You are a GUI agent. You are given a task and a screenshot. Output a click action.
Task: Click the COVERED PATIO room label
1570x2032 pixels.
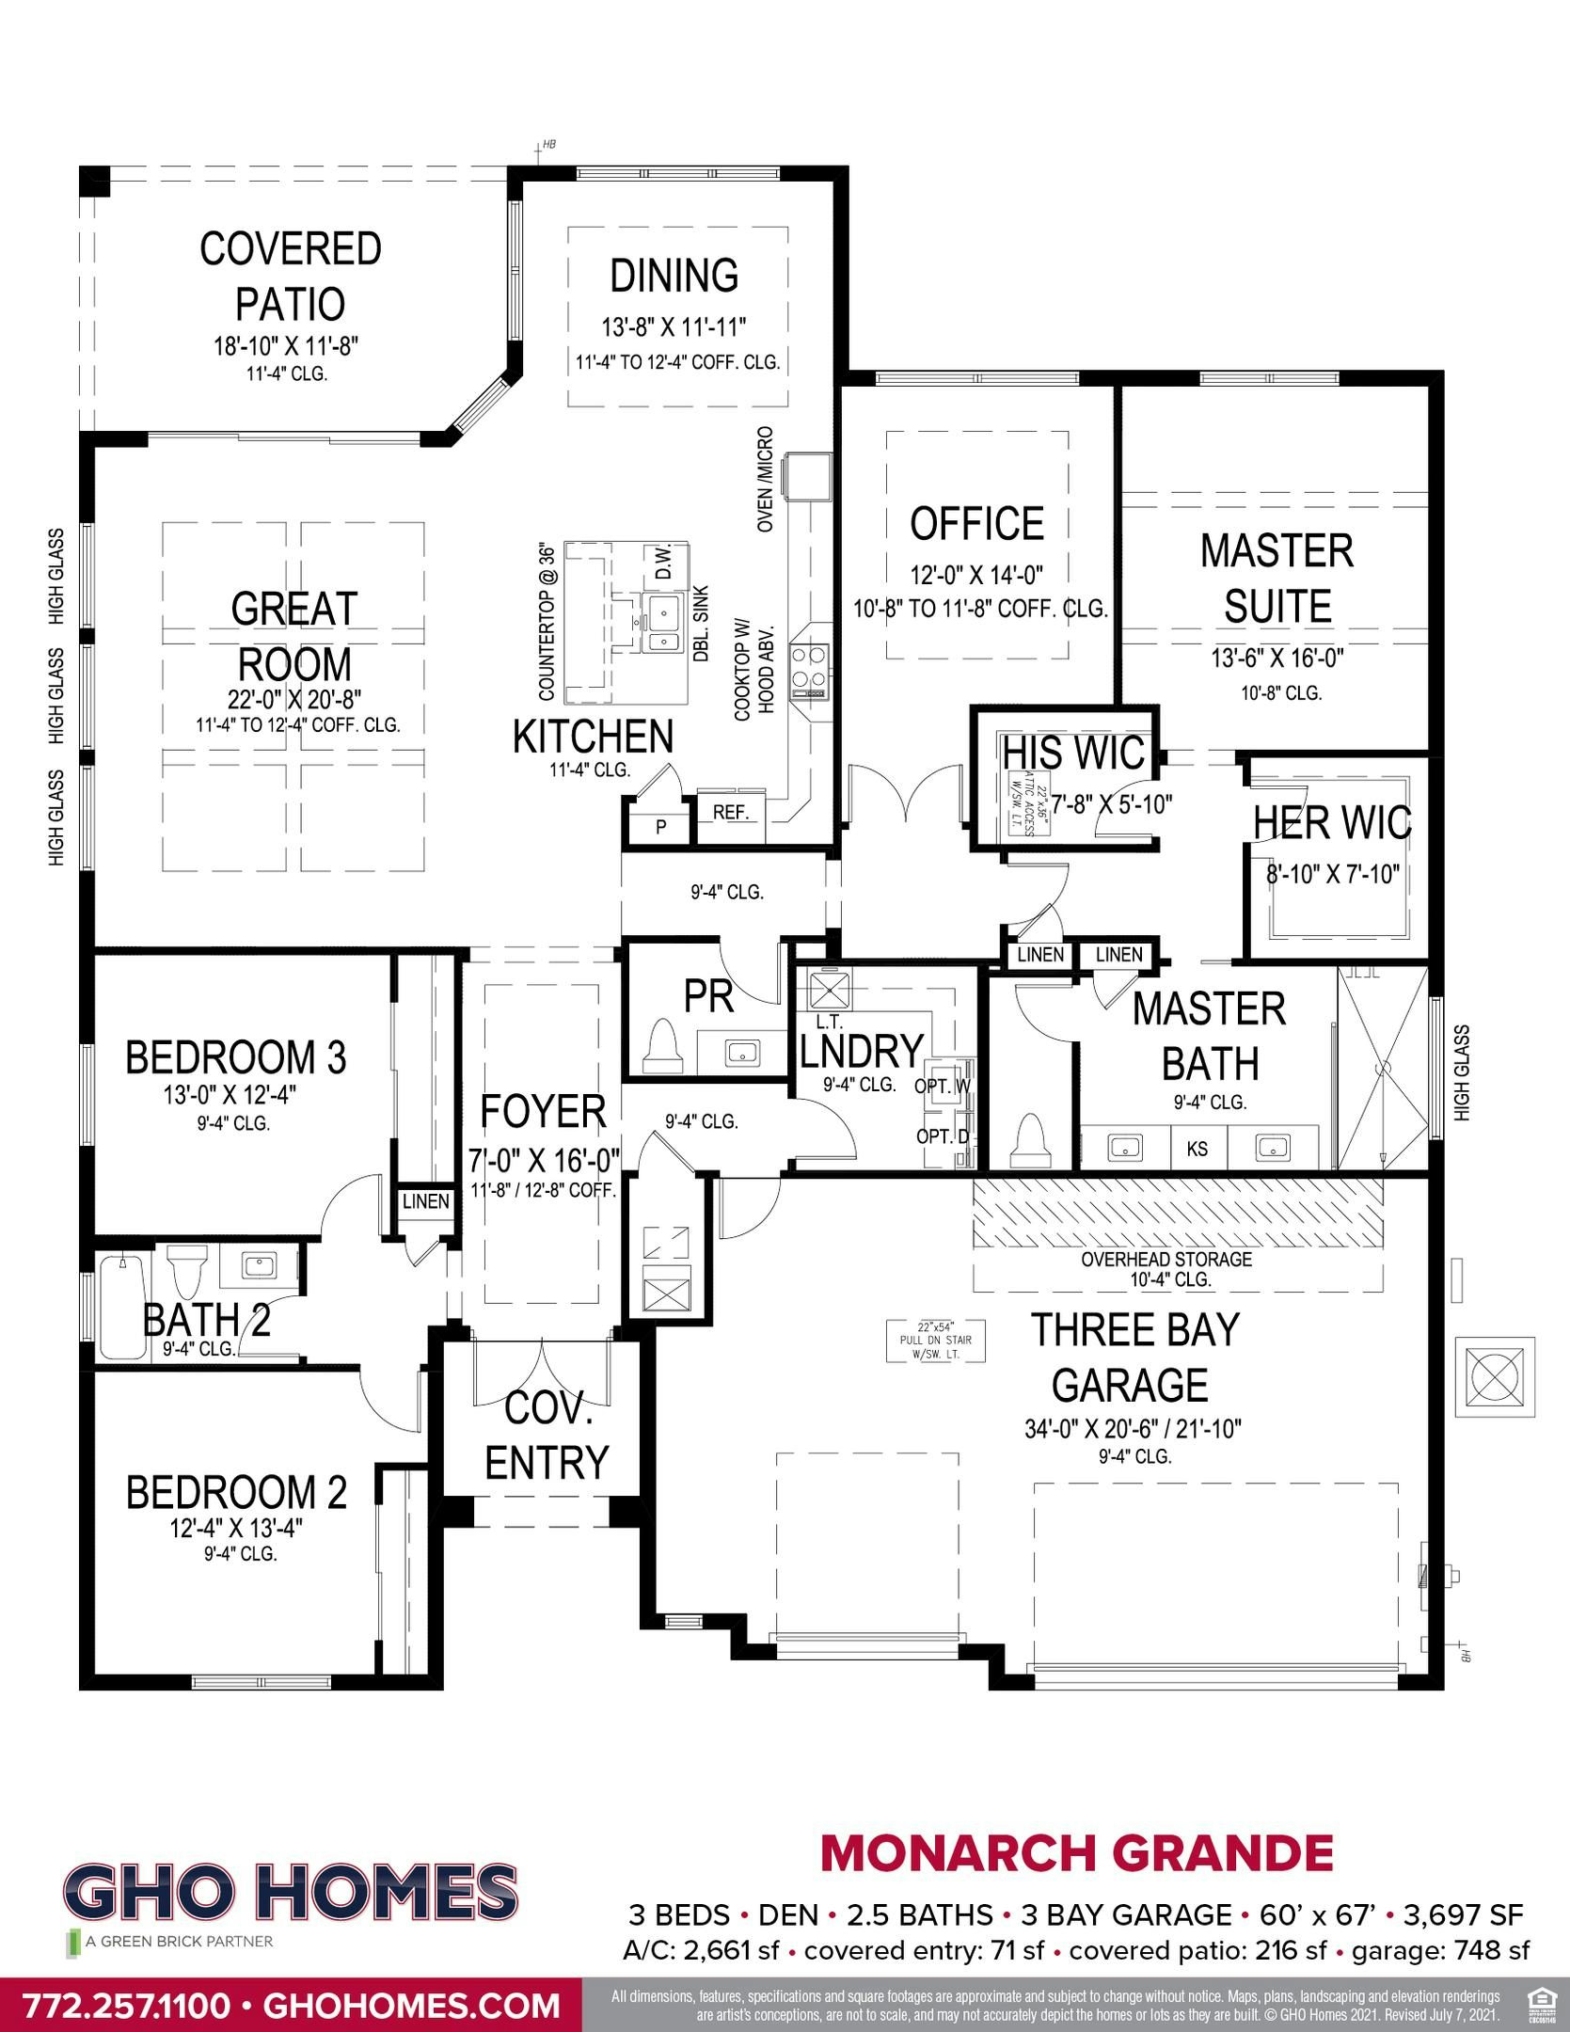pyautogui.click(x=291, y=276)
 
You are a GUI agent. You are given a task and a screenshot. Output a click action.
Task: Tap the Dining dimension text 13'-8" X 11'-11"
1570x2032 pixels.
pyautogui.click(x=674, y=327)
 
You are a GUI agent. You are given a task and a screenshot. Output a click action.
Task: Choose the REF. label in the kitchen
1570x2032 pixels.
pyautogui.click(x=731, y=813)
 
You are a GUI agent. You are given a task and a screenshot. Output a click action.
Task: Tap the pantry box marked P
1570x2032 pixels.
pyautogui.click(x=661, y=827)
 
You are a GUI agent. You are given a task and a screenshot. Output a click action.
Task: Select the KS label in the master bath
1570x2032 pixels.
pyautogui.click(x=1197, y=1148)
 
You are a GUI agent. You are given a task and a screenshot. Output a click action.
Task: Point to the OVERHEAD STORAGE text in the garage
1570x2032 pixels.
pyautogui.click(x=1166, y=1259)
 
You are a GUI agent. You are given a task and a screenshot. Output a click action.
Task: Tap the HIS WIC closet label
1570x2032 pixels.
pyautogui.click(x=1073, y=754)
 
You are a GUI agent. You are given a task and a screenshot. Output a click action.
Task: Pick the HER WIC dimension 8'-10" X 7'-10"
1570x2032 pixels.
pyautogui.click(x=1333, y=874)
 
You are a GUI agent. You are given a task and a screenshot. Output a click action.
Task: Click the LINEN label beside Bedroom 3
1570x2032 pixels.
pyautogui.click(x=426, y=1201)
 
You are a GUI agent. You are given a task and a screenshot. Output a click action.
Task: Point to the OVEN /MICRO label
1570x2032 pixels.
pyautogui.click(x=766, y=480)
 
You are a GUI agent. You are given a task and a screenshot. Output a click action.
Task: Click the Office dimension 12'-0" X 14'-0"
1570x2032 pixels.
pyautogui.click(x=976, y=574)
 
